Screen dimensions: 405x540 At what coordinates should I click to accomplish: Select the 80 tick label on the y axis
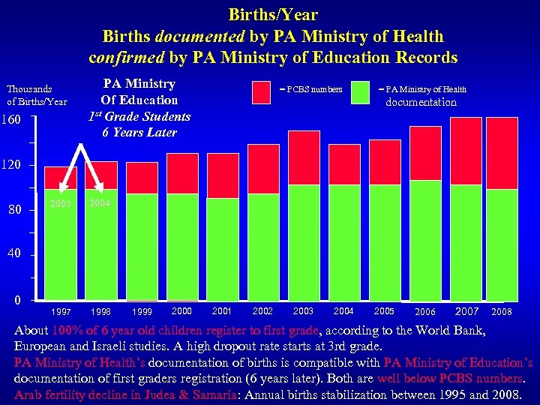pos(14,210)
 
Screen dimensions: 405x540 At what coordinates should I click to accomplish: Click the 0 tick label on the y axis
pos(16,301)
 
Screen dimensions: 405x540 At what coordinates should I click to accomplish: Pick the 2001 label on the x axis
pos(222,311)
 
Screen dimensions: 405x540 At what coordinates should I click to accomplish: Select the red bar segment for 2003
pos(304,157)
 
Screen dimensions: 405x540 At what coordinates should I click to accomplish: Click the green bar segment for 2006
pos(425,240)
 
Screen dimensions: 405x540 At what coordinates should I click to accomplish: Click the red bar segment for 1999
pos(142,178)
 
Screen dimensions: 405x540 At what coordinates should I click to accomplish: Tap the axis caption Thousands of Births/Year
pos(37,95)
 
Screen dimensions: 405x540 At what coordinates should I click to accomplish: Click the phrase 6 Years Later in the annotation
pos(139,133)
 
